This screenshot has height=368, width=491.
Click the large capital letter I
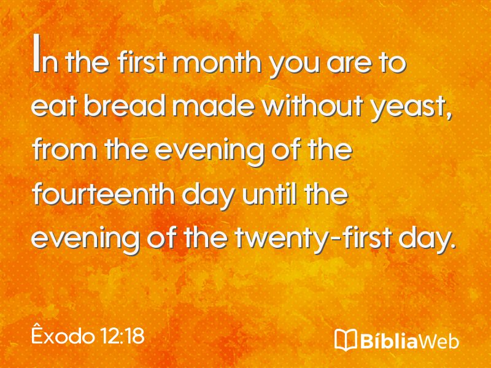point(37,53)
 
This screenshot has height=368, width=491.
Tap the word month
point(217,62)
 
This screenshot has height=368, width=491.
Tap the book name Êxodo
point(63,335)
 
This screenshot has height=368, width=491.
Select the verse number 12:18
point(122,336)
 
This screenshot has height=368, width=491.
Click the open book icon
point(346,339)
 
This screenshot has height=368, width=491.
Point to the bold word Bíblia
point(389,340)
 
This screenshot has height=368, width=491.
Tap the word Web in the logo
point(439,340)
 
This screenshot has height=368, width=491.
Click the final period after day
point(451,246)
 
